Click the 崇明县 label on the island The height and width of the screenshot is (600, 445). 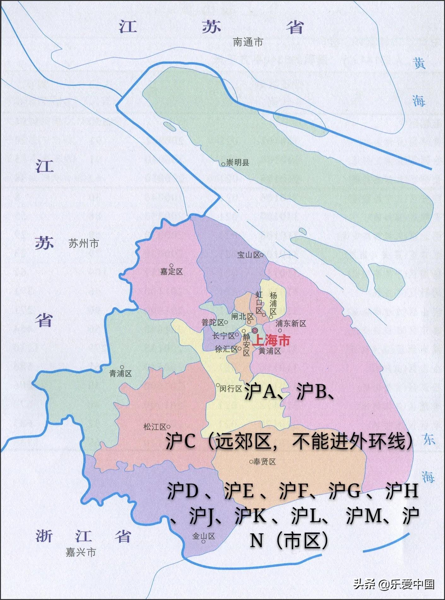pos(238,163)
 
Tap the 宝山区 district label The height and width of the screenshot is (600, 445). pos(249,255)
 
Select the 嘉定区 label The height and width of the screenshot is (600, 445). pos(172,271)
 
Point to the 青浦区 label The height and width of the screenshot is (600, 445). pos(120,374)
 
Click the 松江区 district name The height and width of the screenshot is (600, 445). pos(155,427)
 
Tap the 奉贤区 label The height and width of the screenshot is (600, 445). pos(264,462)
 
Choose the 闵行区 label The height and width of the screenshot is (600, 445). pos(231,389)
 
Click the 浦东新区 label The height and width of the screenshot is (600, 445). pos(291,323)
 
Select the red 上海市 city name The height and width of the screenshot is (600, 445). pos(272,340)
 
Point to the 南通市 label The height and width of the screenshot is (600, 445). pos(248,42)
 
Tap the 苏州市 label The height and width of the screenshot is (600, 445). pos(84,243)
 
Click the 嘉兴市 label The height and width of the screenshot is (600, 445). pos(81,552)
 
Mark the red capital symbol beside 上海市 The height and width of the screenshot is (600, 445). pos(255,330)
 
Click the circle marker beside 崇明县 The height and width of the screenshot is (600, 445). pos(223,164)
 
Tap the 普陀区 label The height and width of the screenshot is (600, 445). pos(213,323)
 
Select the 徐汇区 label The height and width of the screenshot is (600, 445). pos(226,349)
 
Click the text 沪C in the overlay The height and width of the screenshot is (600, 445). pos(181,442)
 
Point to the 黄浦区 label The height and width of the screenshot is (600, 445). pos(270,351)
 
